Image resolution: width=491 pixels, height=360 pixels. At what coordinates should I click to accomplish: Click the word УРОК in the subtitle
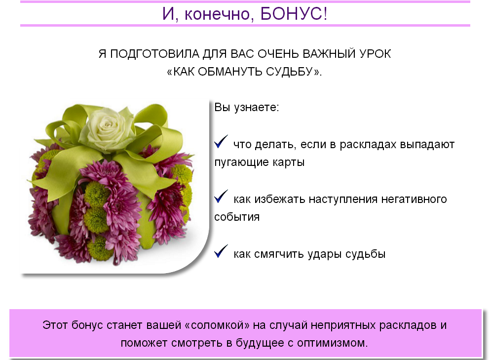coord(375,54)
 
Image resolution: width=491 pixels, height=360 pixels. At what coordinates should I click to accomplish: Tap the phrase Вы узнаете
coord(246,108)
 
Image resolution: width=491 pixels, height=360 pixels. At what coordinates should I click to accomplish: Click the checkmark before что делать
coord(221,141)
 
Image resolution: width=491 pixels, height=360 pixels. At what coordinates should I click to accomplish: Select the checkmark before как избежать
coord(221,196)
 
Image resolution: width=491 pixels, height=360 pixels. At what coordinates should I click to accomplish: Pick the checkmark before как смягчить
coord(221,251)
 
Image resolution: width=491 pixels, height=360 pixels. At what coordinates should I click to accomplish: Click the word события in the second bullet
coord(237,217)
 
